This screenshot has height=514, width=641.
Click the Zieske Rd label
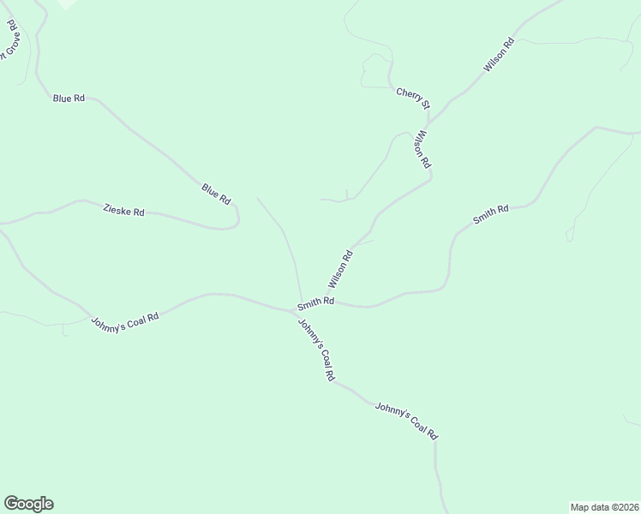click(x=123, y=210)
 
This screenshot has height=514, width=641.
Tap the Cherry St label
click(x=412, y=98)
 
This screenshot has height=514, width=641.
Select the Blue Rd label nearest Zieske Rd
click(x=216, y=194)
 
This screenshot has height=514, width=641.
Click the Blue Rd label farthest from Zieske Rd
click(x=69, y=99)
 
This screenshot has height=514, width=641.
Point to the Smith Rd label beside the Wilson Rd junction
click(x=315, y=302)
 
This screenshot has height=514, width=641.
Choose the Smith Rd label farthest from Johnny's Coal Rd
click(x=491, y=214)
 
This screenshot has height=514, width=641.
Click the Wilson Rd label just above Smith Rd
click(x=339, y=269)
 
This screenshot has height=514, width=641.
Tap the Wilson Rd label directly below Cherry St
click(x=422, y=150)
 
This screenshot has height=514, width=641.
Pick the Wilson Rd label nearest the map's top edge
click(x=498, y=54)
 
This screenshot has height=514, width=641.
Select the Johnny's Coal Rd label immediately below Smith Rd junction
click(x=316, y=350)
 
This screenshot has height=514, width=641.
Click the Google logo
click(x=28, y=504)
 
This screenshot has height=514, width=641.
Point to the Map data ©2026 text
click(x=604, y=506)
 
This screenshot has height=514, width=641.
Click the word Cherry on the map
click(x=406, y=94)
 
